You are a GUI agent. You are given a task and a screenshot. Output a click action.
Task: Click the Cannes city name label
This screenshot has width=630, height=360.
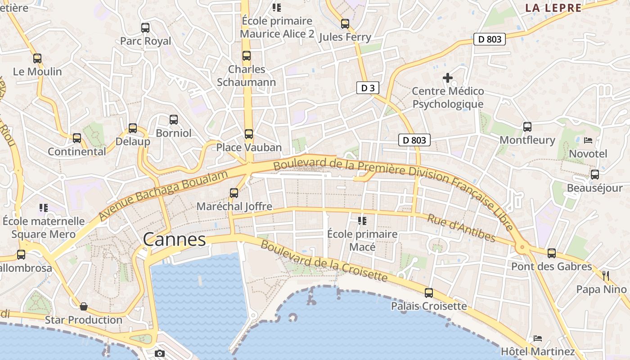coord(174,239)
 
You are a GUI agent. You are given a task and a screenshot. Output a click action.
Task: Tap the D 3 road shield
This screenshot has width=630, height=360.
coord(368,88)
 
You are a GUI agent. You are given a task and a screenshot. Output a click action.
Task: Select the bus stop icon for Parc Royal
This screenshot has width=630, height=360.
coord(145,28)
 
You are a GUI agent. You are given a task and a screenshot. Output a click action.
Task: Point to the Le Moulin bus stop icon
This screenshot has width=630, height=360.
coord(37,58)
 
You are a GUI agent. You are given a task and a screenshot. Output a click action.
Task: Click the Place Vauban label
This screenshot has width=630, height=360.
coord(249,147)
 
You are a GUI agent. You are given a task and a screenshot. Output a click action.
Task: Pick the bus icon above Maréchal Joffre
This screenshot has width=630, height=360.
coord(234,193)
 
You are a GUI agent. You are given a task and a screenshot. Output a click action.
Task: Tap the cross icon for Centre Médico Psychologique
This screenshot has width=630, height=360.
coord(448,78)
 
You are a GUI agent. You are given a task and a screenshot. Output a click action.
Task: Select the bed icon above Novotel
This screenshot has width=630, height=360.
coord(588,140)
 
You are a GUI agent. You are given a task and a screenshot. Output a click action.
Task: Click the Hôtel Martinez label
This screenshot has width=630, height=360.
coord(538,351)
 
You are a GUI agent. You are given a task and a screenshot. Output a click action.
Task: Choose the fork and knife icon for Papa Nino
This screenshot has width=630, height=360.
coord(606,275)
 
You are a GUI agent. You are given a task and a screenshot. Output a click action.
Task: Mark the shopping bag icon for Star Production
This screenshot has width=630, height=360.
coord(84,307)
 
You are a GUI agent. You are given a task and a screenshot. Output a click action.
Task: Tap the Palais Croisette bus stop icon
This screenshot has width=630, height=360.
coord(429,293)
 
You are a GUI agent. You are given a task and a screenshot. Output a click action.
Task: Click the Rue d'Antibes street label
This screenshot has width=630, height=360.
coord(461,228)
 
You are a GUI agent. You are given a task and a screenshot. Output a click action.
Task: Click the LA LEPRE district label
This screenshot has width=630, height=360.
coord(553,8)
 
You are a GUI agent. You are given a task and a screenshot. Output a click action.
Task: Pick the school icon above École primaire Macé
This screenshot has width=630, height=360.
coord(362,220)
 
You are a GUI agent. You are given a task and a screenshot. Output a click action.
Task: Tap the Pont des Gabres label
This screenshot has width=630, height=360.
coord(552,266)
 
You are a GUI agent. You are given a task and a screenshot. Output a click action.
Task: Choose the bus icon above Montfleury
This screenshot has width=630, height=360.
coord(527,127)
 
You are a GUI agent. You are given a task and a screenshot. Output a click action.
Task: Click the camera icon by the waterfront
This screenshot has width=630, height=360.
coord(160,354)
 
